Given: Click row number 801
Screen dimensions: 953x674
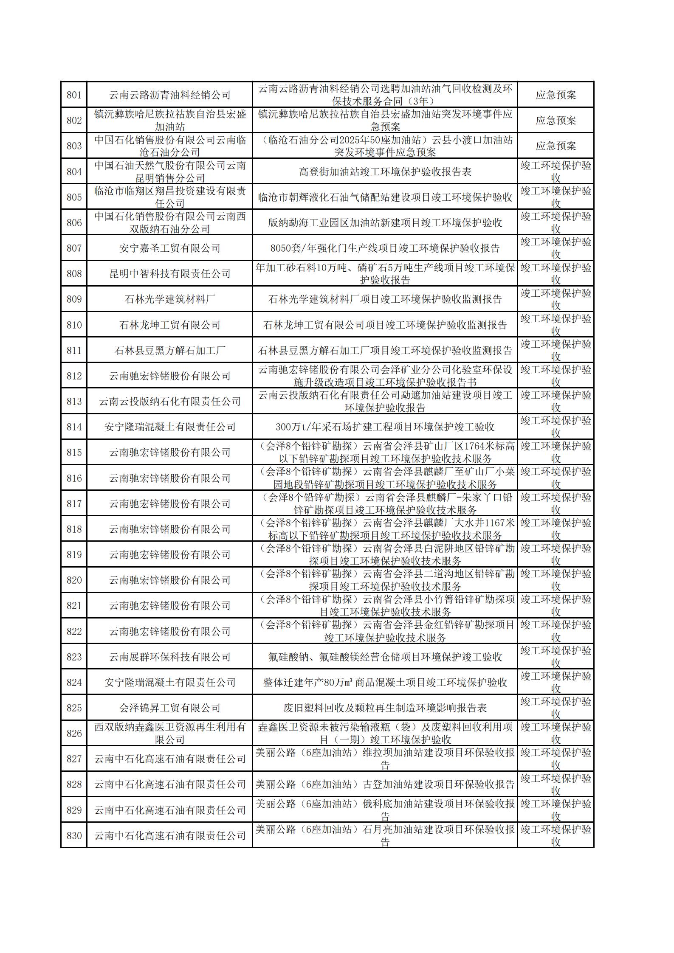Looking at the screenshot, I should tap(74, 95).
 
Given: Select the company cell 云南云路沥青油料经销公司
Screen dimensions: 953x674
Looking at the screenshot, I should tap(169, 95).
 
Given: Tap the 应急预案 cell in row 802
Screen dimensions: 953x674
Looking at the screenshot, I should tap(556, 121).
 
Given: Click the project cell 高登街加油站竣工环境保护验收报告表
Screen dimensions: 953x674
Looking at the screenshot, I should tap(385, 171).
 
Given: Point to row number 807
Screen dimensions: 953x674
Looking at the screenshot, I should tap(74, 248).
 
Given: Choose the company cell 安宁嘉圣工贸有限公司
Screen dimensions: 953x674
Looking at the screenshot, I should tap(169, 248).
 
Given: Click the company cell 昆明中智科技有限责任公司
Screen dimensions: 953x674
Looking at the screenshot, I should tap(169, 274).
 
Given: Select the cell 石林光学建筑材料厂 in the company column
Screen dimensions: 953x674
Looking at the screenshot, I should tap(169, 299).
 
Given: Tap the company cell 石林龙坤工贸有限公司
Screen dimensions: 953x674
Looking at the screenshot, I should tap(169, 325).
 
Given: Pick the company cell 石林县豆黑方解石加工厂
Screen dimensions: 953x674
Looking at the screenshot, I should tap(169, 351).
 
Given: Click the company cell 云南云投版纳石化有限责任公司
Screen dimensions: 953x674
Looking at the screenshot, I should tap(169, 402).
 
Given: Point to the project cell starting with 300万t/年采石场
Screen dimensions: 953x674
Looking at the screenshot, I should tap(385, 427).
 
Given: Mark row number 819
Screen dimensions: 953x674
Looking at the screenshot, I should tap(74, 555).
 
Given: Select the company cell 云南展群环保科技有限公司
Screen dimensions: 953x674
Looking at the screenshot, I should tap(169, 657).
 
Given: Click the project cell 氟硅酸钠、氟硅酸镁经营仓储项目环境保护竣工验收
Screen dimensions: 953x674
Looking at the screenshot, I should tap(385, 657).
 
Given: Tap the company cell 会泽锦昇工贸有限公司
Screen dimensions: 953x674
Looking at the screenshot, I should tap(169, 708).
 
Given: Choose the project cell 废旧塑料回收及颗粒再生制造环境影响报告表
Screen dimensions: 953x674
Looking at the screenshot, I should tap(385, 708).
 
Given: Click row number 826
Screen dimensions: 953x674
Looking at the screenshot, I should tap(74, 734).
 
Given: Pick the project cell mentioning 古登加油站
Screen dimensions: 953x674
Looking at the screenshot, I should tap(385, 784).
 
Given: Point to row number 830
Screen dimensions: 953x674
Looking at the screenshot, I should tap(74, 836).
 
